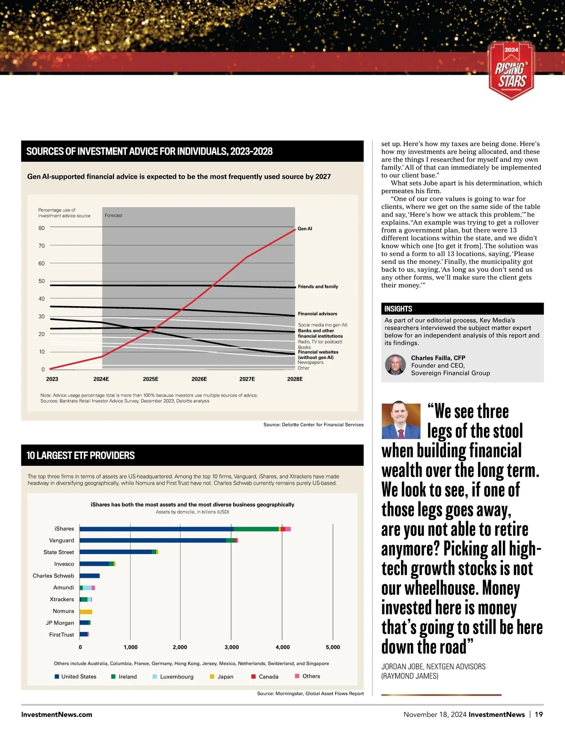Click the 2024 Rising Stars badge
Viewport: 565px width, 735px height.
[x=512, y=71]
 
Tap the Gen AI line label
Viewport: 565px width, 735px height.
[x=305, y=229]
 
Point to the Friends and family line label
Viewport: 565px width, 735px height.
[x=318, y=286]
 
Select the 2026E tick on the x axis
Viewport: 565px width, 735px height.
[x=199, y=379]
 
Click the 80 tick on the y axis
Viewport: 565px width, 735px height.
[x=41, y=228]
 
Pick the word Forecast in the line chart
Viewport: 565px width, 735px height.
[x=113, y=215]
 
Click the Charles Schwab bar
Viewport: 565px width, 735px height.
[x=89, y=576]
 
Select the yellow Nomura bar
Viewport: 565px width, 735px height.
[x=86, y=612]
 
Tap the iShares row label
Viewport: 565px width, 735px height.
[x=64, y=529]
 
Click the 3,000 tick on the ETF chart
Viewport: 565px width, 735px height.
[x=232, y=647]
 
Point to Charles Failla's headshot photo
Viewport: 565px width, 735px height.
[x=395, y=365]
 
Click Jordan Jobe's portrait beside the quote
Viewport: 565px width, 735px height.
[x=401, y=421]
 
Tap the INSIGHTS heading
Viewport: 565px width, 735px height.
[x=398, y=309]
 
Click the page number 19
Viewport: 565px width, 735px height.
[x=539, y=714]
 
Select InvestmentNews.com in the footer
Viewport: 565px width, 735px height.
[x=56, y=714]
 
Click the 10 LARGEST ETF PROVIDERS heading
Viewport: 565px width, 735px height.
[x=81, y=456]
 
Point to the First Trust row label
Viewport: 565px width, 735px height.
[x=62, y=635]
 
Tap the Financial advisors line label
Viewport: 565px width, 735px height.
[x=317, y=314]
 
